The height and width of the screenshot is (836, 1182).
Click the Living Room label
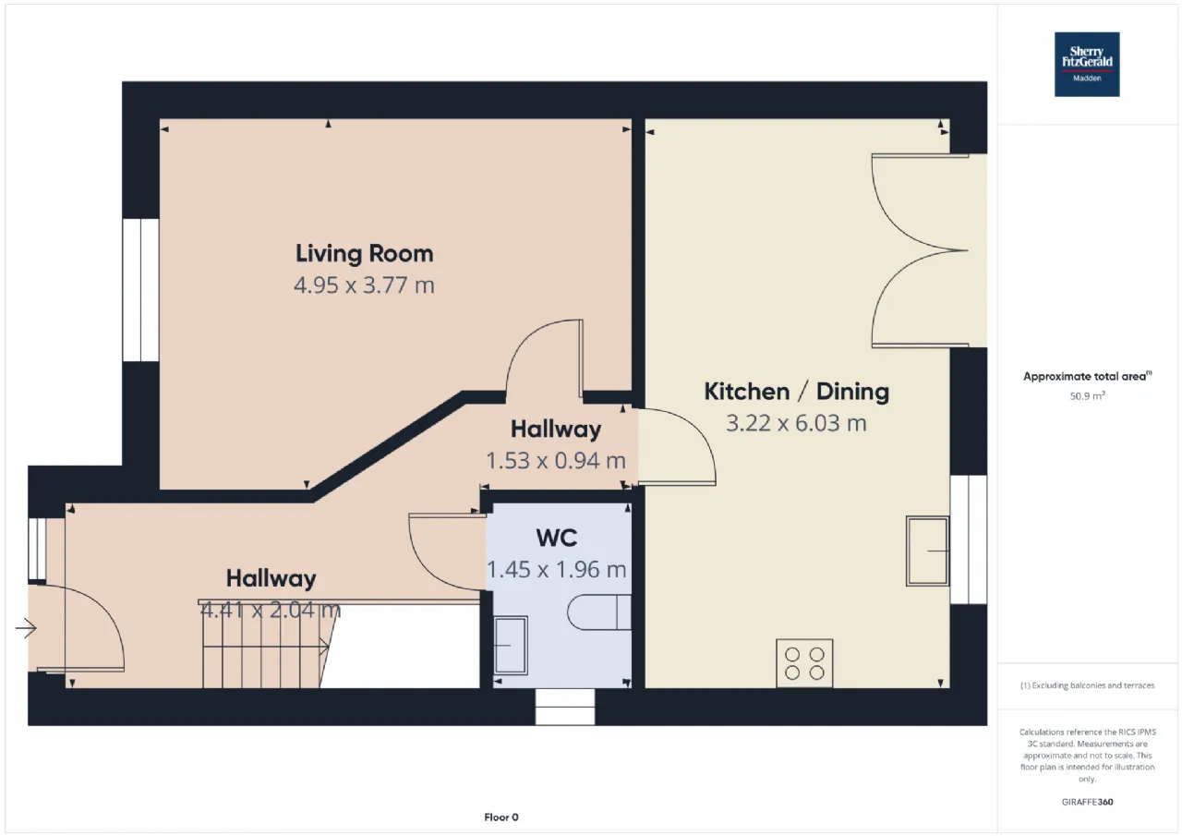tap(364, 254)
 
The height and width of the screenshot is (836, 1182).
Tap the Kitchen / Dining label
tap(796, 392)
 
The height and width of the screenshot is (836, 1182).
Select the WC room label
tap(557, 538)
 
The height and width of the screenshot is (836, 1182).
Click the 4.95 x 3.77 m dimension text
tap(364, 285)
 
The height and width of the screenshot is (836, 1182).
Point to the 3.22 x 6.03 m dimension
tap(796, 423)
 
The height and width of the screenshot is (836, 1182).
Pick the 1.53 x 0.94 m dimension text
tap(556, 461)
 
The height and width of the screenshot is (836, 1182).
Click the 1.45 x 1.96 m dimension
tap(556, 569)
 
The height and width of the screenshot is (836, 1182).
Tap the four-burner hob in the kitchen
tap(804, 663)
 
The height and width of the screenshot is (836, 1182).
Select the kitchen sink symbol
tap(927, 551)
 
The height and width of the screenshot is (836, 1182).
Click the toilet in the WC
tap(599, 612)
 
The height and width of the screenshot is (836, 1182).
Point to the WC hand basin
tap(511, 645)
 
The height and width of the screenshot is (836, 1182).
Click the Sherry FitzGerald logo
tap(1087, 65)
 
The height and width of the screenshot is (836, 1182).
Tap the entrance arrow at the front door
tap(26, 628)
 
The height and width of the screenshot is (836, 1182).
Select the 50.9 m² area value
tap(1087, 396)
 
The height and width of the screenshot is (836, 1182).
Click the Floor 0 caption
tap(501, 817)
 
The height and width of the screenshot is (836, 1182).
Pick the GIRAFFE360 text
tap(1087, 802)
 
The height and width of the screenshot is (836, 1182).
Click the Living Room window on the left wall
tap(140, 290)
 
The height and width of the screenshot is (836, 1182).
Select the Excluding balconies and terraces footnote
tap(1087, 685)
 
